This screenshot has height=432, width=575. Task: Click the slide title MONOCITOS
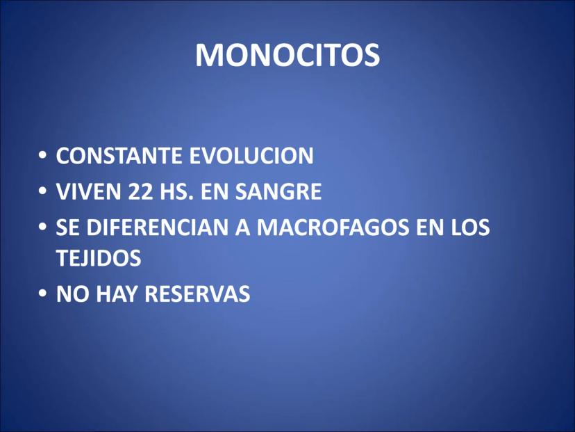[x=287, y=56]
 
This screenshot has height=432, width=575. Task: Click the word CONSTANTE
[x=119, y=155]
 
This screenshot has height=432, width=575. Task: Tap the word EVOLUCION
[x=251, y=155]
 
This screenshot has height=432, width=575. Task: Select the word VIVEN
[x=88, y=191]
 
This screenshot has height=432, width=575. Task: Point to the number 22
[x=140, y=191]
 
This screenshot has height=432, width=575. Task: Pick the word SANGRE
[x=278, y=191]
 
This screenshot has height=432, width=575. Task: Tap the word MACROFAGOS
[x=333, y=227]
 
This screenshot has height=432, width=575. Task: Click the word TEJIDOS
[x=99, y=257]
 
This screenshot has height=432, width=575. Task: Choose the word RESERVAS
[x=197, y=294]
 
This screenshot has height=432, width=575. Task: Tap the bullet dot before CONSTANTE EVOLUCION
[x=43, y=156]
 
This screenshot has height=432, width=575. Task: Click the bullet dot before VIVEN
[x=43, y=191]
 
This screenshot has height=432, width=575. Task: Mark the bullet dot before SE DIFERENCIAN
[x=43, y=227]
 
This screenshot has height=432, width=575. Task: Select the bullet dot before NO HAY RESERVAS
[x=43, y=294]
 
